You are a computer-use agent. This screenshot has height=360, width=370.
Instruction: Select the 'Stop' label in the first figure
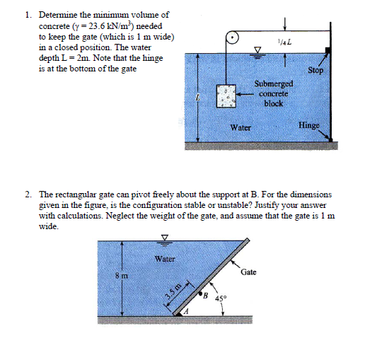click(x=316, y=71)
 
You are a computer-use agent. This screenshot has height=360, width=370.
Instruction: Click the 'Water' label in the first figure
click(x=241, y=128)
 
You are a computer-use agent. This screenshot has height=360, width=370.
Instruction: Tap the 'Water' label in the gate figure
click(x=165, y=259)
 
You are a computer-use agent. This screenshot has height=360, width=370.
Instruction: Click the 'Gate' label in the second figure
click(x=249, y=272)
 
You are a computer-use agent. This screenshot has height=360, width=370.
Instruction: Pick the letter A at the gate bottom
click(x=187, y=312)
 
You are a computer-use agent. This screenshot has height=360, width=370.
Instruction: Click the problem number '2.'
click(x=27, y=192)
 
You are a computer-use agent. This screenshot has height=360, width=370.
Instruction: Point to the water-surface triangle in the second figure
click(x=165, y=237)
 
